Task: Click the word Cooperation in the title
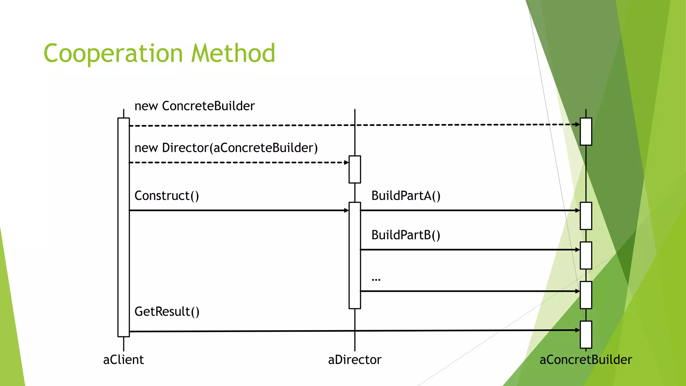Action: point(113,54)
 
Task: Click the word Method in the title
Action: point(233,54)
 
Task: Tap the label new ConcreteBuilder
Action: point(194,106)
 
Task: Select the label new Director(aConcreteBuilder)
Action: point(226,148)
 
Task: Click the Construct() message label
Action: point(166,196)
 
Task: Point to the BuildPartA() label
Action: point(406,196)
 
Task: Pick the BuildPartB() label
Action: point(406,235)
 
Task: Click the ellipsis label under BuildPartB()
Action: point(376,279)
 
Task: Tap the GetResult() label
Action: point(167,312)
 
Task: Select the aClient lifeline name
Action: point(123,360)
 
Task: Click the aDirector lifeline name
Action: point(354,360)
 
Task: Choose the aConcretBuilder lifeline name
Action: point(586,360)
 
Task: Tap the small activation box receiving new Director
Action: point(355,170)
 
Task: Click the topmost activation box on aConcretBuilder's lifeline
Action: point(586,132)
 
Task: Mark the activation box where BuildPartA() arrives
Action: point(586,216)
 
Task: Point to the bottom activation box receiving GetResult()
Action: point(586,335)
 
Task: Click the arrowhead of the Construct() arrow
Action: point(347,210)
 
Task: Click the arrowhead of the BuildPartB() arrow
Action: point(578,250)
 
